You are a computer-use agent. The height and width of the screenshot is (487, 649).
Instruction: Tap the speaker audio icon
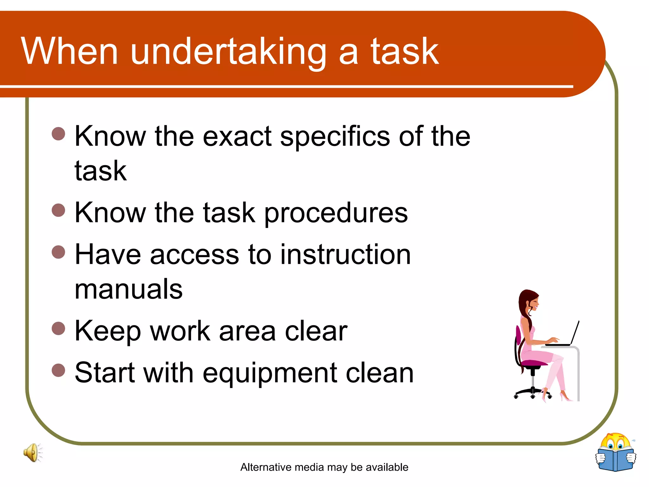(32, 452)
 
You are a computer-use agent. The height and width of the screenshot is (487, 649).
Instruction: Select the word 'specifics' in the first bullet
(335, 137)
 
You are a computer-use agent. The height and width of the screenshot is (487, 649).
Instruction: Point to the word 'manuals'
(129, 289)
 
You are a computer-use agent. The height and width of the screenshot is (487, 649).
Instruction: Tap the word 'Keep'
(107, 332)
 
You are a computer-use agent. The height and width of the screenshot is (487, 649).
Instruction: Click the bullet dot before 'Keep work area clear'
(58, 328)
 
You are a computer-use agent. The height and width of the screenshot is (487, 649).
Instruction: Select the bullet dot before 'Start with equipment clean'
(58, 370)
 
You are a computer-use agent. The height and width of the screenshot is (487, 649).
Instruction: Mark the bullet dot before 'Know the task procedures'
(58, 210)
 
